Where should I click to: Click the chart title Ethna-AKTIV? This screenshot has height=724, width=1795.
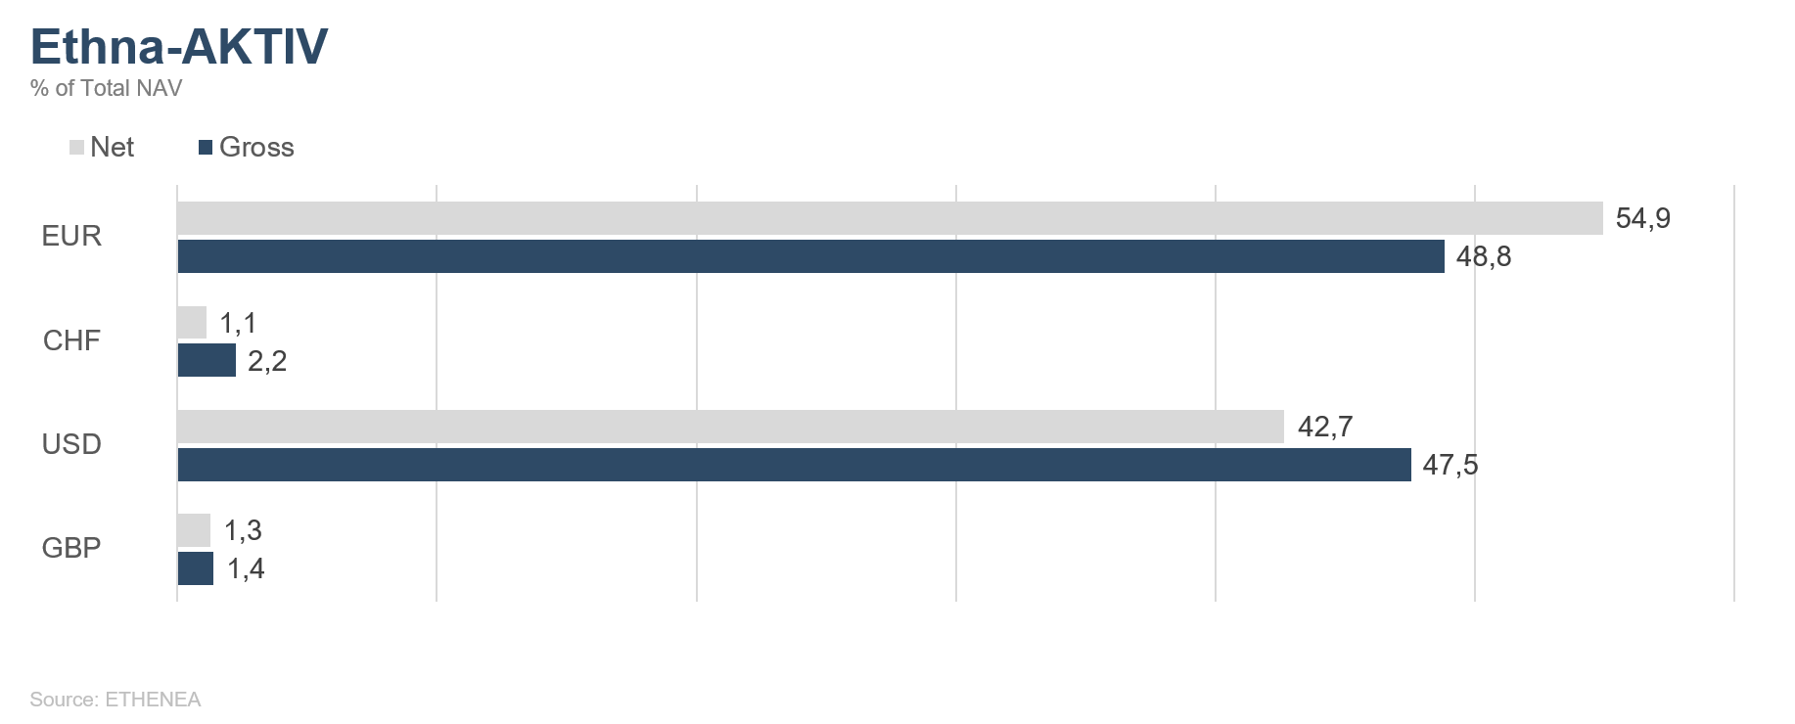(x=179, y=46)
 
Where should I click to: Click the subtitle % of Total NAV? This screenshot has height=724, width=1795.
(x=106, y=88)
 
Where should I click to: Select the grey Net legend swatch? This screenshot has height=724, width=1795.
(x=76, y=148)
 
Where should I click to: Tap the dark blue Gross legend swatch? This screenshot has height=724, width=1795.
(x=206, y=148)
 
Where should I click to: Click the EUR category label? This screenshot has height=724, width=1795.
(x=71, y=236)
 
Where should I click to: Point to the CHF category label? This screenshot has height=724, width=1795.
(x=71, y=340)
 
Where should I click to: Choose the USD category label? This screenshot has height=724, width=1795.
(x=71, y=444)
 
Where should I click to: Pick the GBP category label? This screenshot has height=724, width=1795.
(x=71, y=548)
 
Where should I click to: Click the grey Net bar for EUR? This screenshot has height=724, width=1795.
(x=890, y=218)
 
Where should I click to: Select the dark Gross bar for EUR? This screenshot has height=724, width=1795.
(x=810, y=256)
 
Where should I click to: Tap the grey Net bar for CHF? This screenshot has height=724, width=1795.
(x=192, y=322)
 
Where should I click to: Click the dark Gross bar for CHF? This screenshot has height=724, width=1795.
(x=207, y=360)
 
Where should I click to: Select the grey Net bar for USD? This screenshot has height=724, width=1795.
(x=730, y=427)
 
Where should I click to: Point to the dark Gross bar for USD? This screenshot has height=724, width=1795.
(x=794, y=465)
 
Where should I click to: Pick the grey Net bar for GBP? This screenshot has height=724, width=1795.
(x=194, y=530)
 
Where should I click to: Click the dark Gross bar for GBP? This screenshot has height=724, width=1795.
(x=195, y=568)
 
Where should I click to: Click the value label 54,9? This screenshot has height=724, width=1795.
(x=1643, y=218)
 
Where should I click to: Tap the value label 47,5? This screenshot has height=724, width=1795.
(x=1450, y=465)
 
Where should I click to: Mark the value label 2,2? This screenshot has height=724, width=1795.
(x=267, y=361)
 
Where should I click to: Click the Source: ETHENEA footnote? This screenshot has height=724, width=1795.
(x=115, y=700)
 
